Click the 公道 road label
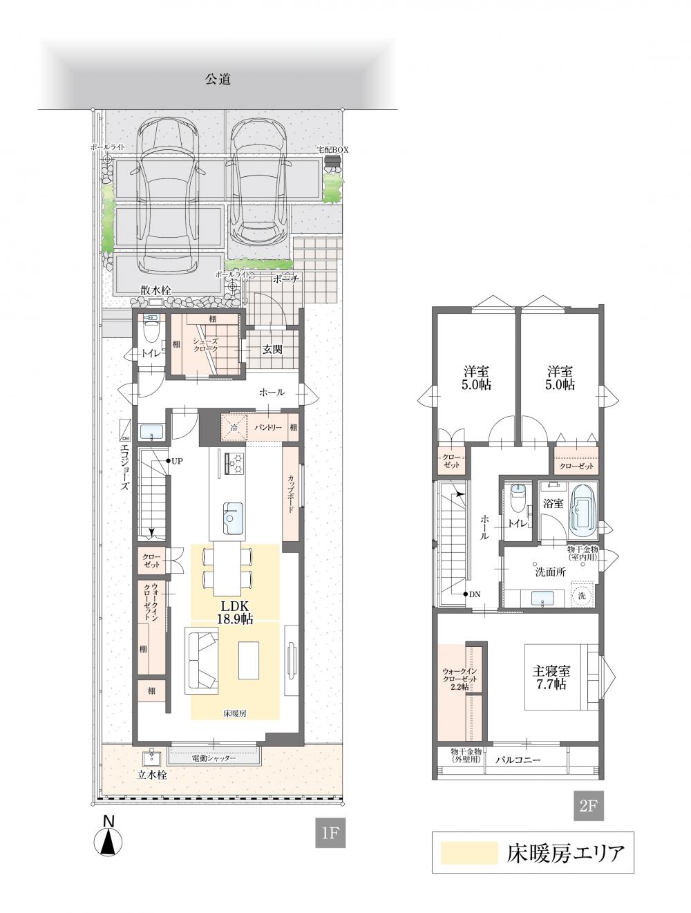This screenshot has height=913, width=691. pos(217,79)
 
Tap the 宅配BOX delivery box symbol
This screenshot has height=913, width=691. pos(331,160)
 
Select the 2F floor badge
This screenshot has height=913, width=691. pos(588,806)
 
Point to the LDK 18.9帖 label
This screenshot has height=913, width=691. pos(234,612)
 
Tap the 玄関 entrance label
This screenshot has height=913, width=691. pos(272,350)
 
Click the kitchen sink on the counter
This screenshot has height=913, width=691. pos(233,518)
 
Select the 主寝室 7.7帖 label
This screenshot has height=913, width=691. pos(551,677)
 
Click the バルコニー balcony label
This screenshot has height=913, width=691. pos(518,760)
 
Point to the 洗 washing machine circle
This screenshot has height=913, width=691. pos(581,596)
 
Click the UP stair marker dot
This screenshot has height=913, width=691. pos(169,461)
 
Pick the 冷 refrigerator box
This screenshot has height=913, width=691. pos(234,427)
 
